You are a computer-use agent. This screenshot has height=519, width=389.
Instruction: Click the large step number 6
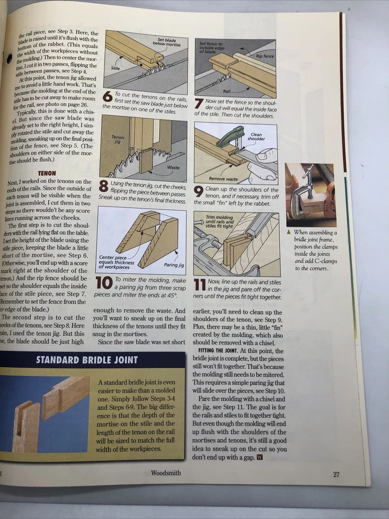click(107, 98)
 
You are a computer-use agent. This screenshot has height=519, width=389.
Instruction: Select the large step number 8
click(103, 187)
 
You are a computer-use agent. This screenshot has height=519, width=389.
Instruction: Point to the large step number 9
click(199, 191)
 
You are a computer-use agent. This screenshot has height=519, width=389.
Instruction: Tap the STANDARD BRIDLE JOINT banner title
click(87, 360)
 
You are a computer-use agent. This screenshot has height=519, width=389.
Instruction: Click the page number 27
click(336, 475)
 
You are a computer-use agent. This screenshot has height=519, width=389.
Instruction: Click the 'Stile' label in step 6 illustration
click(115, 69)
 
